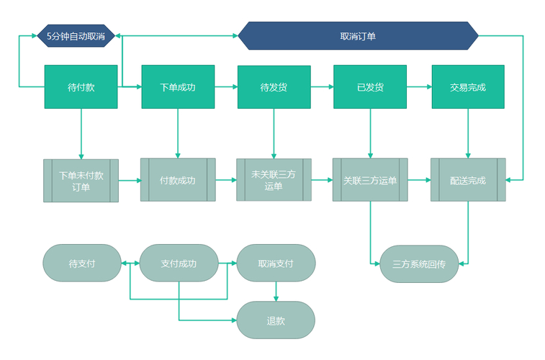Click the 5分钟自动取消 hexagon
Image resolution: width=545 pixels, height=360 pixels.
(76, 35)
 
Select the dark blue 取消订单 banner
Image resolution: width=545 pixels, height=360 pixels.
(358, 36)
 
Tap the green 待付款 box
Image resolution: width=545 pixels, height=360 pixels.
(81, 87)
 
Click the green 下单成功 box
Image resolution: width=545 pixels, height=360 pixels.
(177, 87)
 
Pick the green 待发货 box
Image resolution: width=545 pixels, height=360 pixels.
(274, 87)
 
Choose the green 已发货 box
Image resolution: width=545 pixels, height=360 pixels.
(370, 87)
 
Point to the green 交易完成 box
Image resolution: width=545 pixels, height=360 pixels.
(468, 87)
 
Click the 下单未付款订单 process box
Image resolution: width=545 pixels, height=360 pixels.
(81, 181)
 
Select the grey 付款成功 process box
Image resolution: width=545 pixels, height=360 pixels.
(177, 180)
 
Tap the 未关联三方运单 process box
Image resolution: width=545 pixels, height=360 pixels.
(274, 180)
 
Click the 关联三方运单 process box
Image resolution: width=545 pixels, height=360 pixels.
(370, 180)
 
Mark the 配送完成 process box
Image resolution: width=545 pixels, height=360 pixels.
(468, 180)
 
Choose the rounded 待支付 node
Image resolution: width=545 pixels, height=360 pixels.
(81, 263)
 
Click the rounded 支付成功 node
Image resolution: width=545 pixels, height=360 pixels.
(179, 263)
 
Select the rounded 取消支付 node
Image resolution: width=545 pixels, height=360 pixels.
(276, 263)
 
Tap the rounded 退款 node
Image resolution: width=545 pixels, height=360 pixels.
(276, 320)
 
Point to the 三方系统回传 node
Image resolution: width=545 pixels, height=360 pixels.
(419, 264)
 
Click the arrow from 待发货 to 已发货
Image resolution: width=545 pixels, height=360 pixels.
(322, 87)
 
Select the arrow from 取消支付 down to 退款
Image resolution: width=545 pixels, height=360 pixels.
(276, 291)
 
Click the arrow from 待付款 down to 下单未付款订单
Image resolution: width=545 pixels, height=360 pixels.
(81, 134)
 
